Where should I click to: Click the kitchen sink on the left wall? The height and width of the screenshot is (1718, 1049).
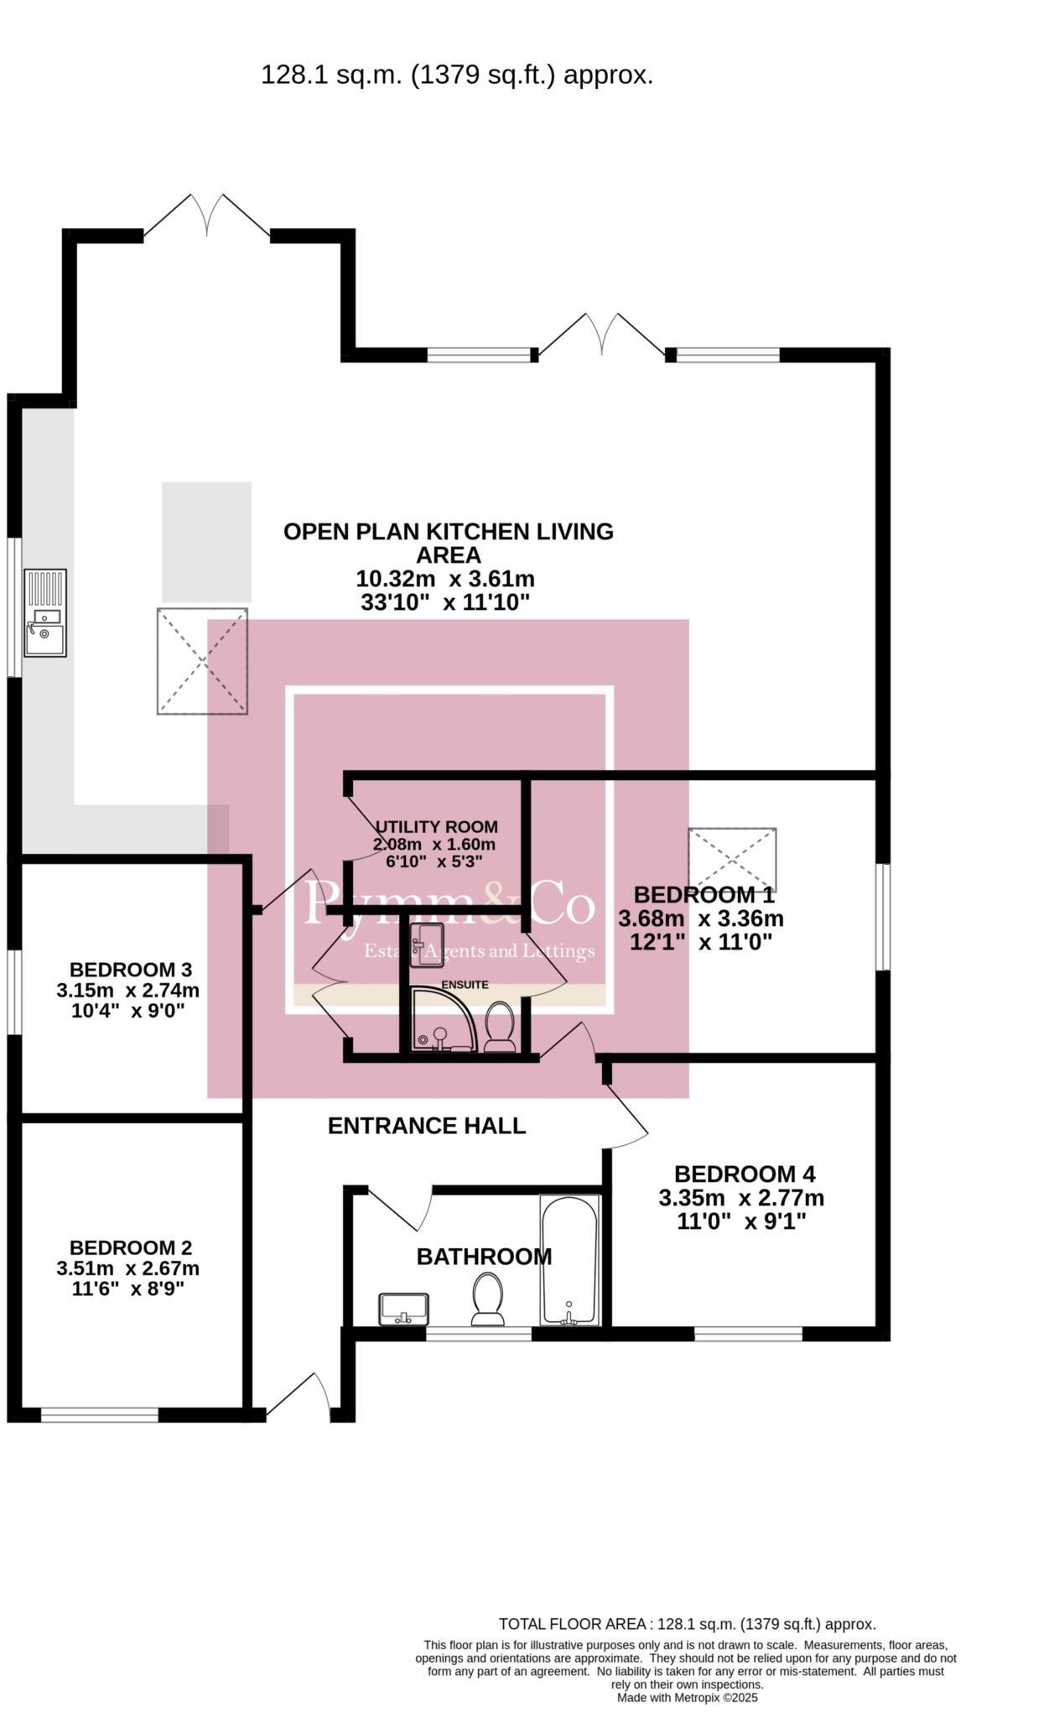pyautogui.click(x=45, y=612)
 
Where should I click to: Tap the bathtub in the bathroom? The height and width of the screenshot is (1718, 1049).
pyautogui.click(x=569, y=1259)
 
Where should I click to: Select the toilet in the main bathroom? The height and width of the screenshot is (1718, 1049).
pyautogui.click(x=488, y=1299)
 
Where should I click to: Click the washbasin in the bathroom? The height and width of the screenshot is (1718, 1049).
pyautogui.click(x=404, y=1309)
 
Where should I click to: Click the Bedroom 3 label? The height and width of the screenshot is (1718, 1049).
pyautogui.click(x=131, y=970)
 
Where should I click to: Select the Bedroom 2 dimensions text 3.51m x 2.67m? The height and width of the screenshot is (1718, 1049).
pyautogui.click(x=127, y=1268)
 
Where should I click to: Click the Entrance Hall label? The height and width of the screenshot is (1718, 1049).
pyautogui.click(x=426, y=1126)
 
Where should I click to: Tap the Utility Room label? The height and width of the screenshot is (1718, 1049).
pyautogui.click(x=436, y=826)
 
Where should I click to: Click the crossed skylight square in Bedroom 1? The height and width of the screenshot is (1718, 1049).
pyautogui.click(x=732, y=860)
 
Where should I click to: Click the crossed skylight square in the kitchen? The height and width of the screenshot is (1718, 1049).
pyautogui.click(x=202, y=661)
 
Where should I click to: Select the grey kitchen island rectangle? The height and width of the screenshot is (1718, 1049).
pyautogui.click(x=206, y=541)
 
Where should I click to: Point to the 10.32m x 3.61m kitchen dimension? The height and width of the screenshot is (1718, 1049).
pyautogui.click(x=445, y=579)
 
